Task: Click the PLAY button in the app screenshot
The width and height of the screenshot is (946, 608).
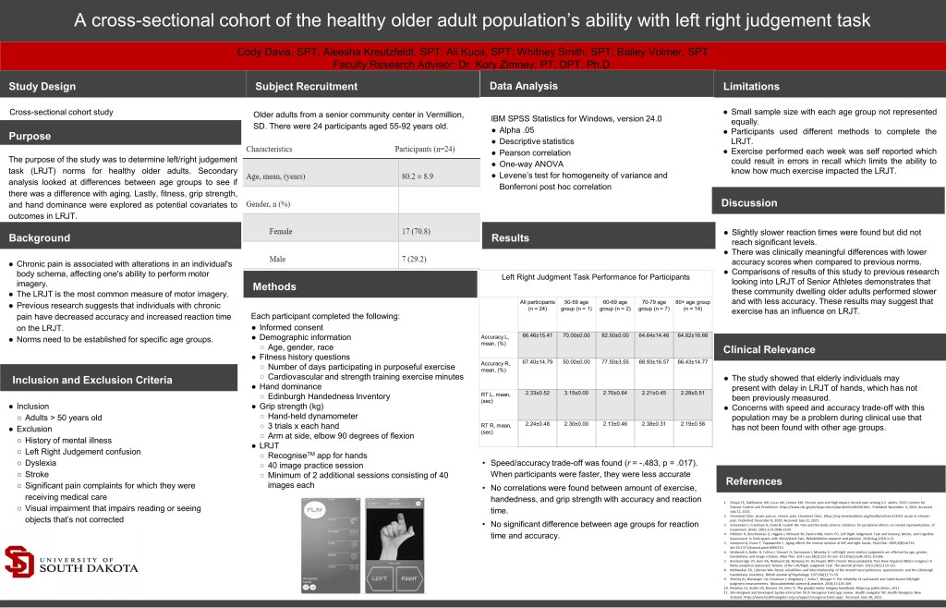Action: [x=316, y=509]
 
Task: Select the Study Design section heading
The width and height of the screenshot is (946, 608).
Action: [x=43, y=87]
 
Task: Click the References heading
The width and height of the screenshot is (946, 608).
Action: [x=755, y=481]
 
